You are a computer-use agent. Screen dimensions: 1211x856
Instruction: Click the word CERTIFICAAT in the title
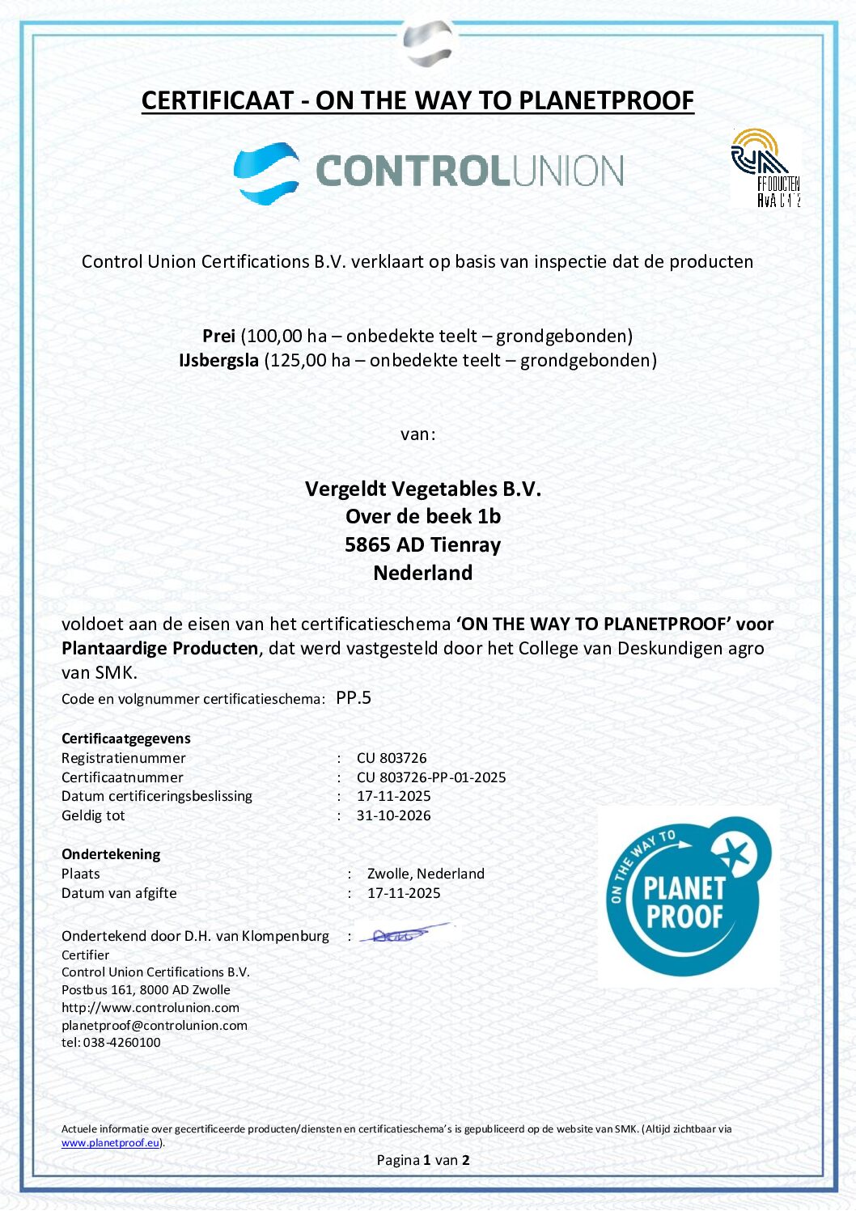217,100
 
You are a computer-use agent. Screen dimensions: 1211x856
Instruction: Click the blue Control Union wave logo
266,172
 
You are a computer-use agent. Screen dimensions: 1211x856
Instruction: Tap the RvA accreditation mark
765,168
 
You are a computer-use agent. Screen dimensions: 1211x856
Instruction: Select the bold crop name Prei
218,336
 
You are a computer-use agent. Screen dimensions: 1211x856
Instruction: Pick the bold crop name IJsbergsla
218,360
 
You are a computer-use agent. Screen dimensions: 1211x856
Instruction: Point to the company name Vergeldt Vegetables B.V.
422,489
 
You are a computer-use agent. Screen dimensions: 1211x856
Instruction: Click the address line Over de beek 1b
422,516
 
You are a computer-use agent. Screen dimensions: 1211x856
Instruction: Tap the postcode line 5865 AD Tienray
422,544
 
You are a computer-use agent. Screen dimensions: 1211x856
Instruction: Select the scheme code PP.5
354,697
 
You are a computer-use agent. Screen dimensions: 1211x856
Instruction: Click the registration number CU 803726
392,758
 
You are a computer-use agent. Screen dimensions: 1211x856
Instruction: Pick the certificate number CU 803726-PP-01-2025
431,777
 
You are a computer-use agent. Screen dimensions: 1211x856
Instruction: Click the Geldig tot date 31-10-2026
393,815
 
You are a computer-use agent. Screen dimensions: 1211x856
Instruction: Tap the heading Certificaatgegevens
126,739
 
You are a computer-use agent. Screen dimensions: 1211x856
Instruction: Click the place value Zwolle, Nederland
426,874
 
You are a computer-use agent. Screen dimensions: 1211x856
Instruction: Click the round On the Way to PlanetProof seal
689,896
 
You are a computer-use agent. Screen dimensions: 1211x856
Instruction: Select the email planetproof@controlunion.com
155,1025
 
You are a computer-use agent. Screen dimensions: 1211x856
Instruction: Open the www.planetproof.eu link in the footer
110,1143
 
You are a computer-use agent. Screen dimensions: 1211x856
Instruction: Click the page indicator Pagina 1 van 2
422,1160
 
